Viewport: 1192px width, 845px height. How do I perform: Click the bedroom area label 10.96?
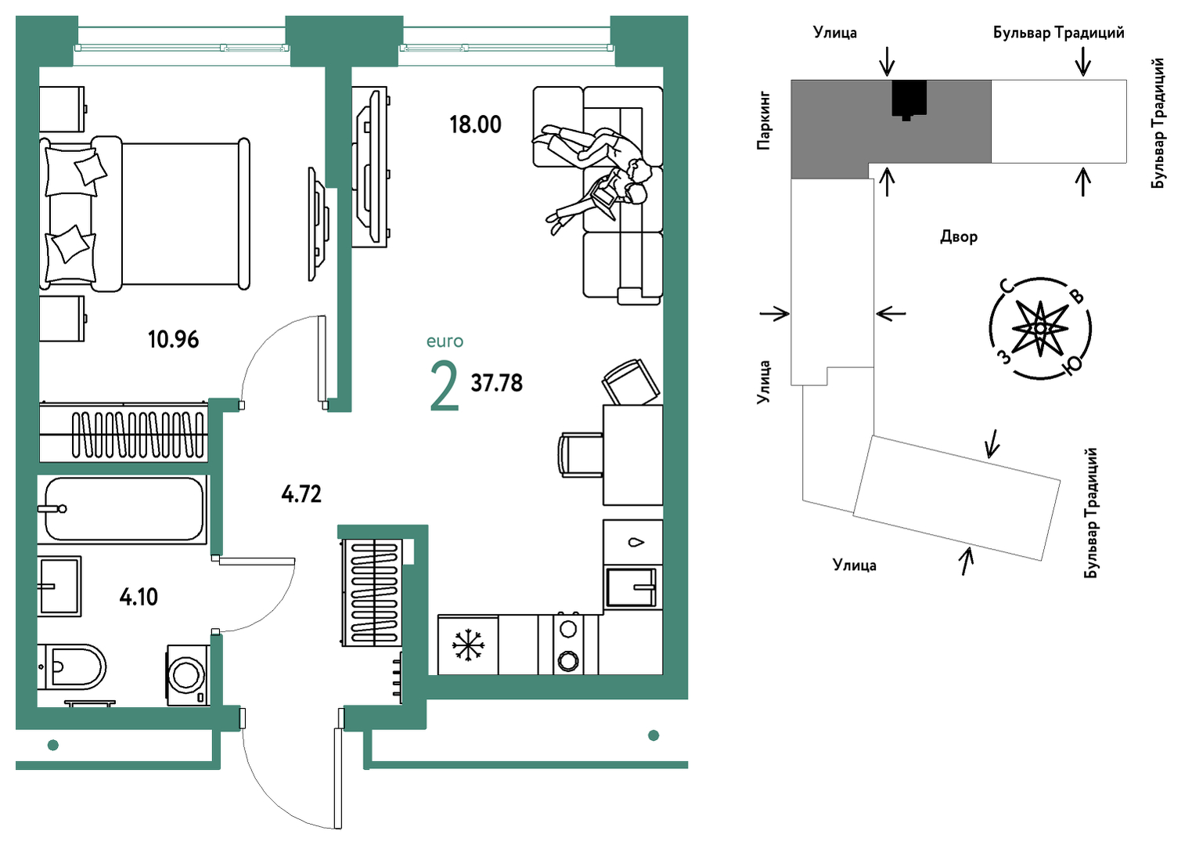[174, 339]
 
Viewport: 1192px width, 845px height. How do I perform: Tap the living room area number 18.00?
[475, 125]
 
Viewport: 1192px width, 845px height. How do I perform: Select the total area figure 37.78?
[497, 384]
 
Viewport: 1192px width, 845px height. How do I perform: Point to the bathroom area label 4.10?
[139, 598]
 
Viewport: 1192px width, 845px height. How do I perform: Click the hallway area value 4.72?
[301, 495]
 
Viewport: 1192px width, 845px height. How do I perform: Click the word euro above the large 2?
[445, 341]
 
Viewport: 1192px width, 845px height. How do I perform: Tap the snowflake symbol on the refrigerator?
[468, 645]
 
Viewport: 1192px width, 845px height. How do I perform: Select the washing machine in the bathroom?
[189, 676]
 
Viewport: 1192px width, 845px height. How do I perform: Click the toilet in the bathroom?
[71, 666]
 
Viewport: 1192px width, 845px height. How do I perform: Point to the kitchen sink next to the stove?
[632, 587]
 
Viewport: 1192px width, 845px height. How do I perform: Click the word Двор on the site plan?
[959, 237]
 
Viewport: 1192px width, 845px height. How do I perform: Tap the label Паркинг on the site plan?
[764, 121]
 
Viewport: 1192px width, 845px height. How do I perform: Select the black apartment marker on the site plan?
[909, 99]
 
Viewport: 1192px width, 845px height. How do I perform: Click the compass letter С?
[1007, 286]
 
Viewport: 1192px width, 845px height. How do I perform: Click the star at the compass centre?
[1040, 328]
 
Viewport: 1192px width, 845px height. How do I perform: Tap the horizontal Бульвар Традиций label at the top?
[1059, 33]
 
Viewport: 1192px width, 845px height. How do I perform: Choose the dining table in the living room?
[632, 455]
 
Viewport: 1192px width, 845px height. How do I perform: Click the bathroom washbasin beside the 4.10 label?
[59, 587]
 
